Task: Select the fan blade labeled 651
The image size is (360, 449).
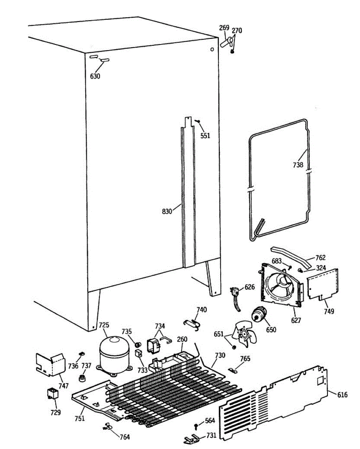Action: (245, 334)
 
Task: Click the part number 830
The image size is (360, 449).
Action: (167, 211)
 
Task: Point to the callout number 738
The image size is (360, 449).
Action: (298, 164)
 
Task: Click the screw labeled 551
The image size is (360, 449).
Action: (199, 121)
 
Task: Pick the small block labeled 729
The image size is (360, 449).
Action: (52, 394)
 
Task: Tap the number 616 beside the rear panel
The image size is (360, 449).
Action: (342, 395)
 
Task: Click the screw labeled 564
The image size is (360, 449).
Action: (196, 426)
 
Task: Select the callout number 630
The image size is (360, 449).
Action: (95, 76)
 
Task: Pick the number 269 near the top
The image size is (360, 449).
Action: (224, 28)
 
